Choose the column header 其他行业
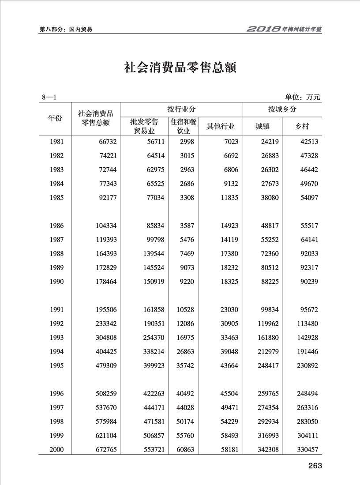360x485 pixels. [x=221, y=127]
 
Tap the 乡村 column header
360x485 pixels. [x=302, y=127]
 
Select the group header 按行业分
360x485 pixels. [x=181, y=109]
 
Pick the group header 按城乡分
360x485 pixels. [x=282, y=109]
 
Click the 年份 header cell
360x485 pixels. [x=55, y=118]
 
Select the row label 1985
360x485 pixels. [x=57, y=198]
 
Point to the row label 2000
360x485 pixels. [x=57, y=450]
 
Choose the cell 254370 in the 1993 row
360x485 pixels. [x=153, y=338]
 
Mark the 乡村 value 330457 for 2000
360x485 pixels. [x=307, y=450]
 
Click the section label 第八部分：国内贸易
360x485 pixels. [x=66, y=30]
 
